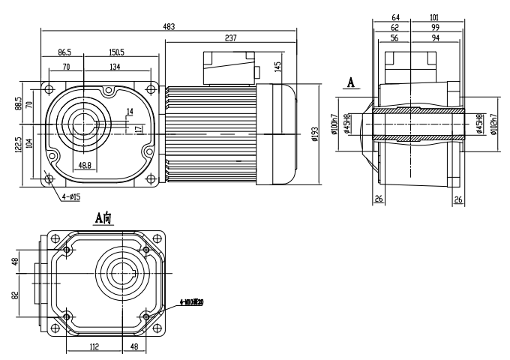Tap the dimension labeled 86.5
(x=64, y=53)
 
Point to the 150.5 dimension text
(x=115, y=53)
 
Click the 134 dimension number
(x=115, y=67)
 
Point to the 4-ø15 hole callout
(x=71, y=197)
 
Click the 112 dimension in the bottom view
(x=94, y=347)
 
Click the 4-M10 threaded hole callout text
(x=193, y=302)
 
